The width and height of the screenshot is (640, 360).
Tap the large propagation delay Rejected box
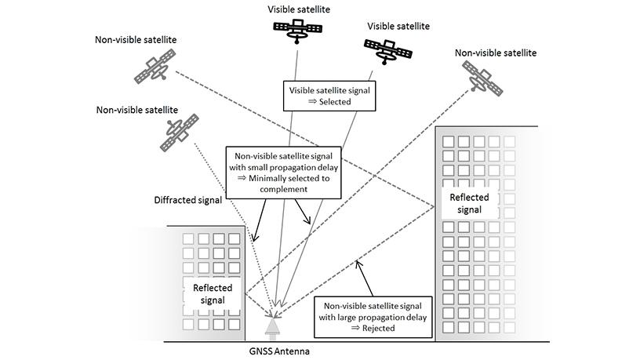(x=378, y=316)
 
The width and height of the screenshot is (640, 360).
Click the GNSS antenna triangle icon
(x=273, y=325)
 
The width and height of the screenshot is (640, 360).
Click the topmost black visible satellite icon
(x=297, y=30)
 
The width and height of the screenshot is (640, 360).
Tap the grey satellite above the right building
(x=484, y=76)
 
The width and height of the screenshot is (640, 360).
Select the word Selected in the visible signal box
(x=329, y=102)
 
